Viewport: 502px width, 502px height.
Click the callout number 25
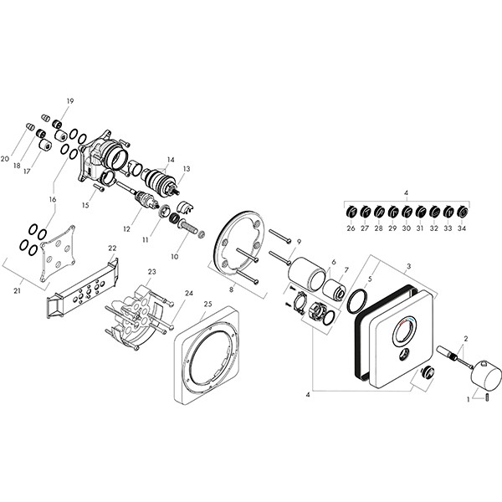(x=208, y=304)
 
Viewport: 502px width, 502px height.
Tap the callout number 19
(x=70, y=101)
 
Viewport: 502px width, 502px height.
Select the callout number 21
(x=17, y=290)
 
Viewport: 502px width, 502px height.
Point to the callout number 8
(x=231, y=290)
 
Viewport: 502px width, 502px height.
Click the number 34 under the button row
(x=462, y=228)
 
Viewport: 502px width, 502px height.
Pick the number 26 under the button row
(x=351, y=228)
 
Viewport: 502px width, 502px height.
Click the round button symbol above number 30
(x=407, y=212)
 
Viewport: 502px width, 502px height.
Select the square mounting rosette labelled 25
(x=207, y=355)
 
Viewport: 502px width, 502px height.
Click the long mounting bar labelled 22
(x=83, y=288)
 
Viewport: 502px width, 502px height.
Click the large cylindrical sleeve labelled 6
(x=307, y=274)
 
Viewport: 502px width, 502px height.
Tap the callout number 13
(x=187, y=169)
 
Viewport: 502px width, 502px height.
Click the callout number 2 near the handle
(x=466, y=338)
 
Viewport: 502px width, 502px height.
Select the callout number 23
(x=151, y=272)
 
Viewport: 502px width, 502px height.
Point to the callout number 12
(x=127, y=229)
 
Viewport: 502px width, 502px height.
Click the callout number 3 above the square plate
(x=409, y=266)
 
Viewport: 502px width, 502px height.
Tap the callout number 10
(x=175, y=257)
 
